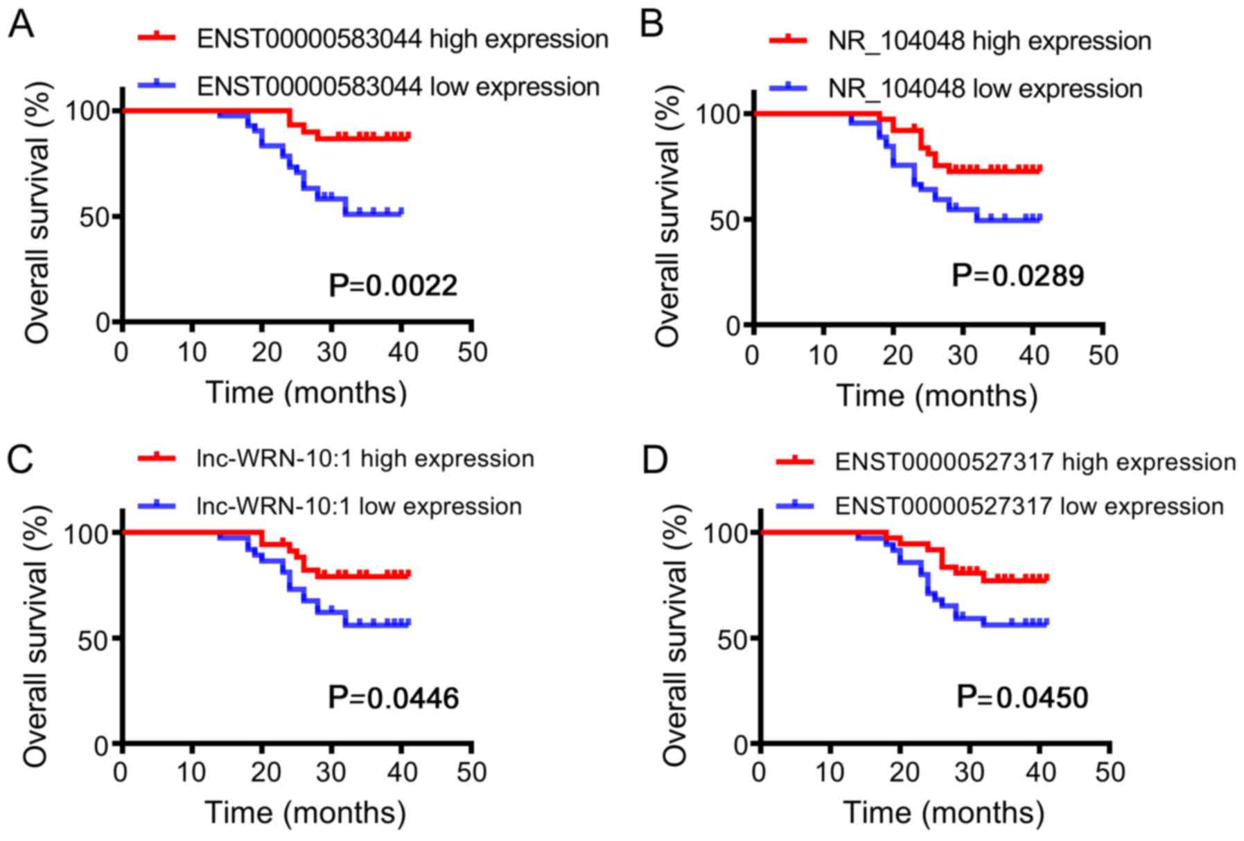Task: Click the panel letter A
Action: (x=21, y=26)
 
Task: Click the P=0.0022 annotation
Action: (x=393, y=286)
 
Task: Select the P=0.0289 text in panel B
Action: (x=1017, y=276)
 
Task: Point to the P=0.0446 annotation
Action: (x=393, y=698)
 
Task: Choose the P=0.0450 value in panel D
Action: (x=1022, y=697)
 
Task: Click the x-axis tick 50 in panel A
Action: (x=472, y=353)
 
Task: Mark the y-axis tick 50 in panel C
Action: (x=92, y=638)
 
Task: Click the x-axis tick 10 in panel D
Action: (x=830, y=772)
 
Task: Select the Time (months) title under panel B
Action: (x=937, y=396)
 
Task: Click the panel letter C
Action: (x=20, y=460)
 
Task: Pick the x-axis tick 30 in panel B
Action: (x=963, y=355)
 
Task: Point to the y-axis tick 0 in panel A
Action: (x=103, y=322)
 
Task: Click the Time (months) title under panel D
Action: (x=943, y=812)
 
